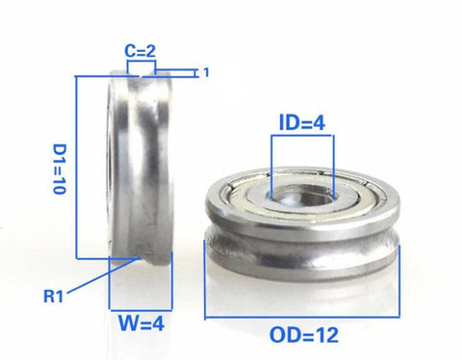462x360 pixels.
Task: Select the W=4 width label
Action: (134, 324)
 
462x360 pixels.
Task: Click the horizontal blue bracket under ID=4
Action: (301, 136)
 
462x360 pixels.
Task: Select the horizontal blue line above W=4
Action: (134, 306)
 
